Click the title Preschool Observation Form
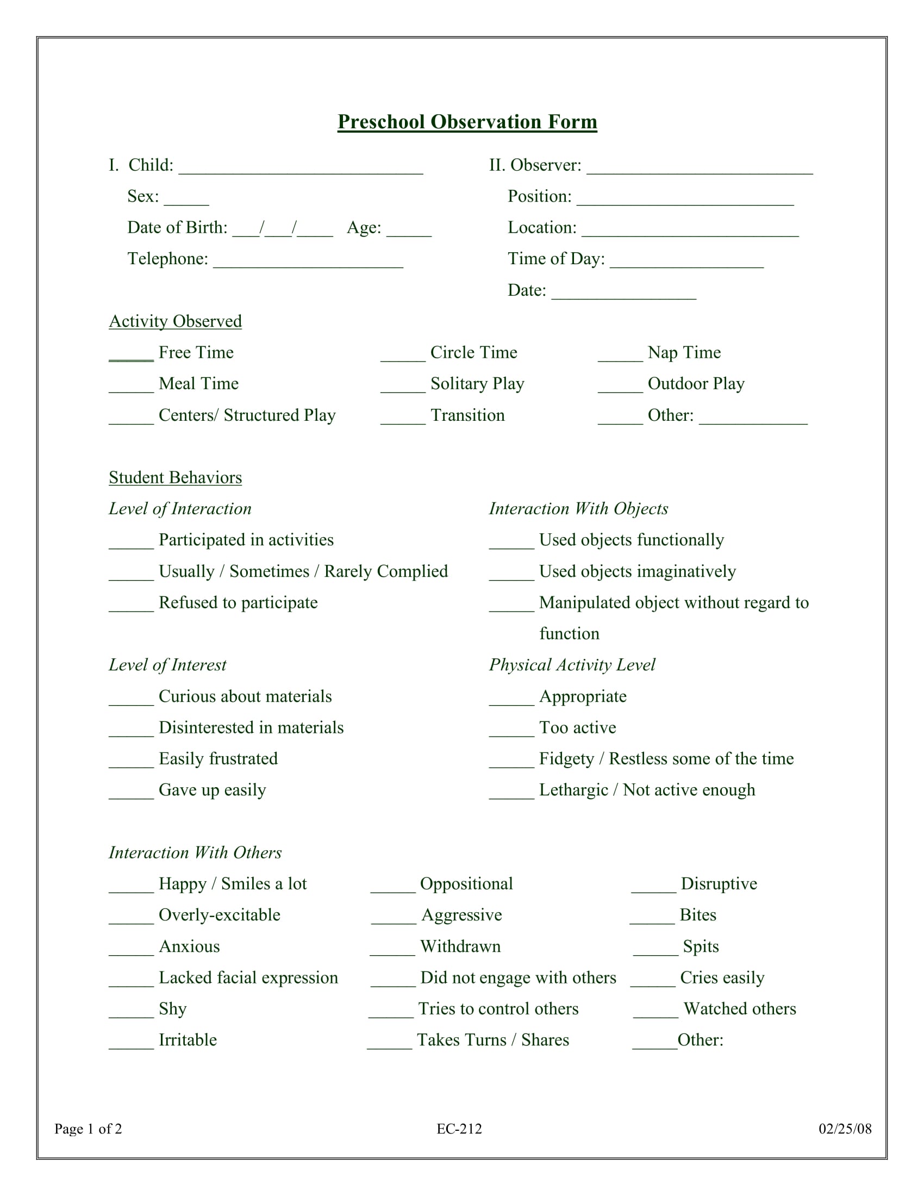467,122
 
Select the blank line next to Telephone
308,263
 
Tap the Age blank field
408,231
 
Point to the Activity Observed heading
175,321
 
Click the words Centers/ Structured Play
247,415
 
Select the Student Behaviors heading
175,477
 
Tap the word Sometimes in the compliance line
269,571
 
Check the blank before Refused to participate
131,606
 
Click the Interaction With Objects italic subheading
578,509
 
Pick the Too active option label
577,727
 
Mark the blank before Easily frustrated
131,762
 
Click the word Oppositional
466,884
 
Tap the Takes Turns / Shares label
492,1040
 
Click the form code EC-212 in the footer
459,1129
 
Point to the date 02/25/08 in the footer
845,1129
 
